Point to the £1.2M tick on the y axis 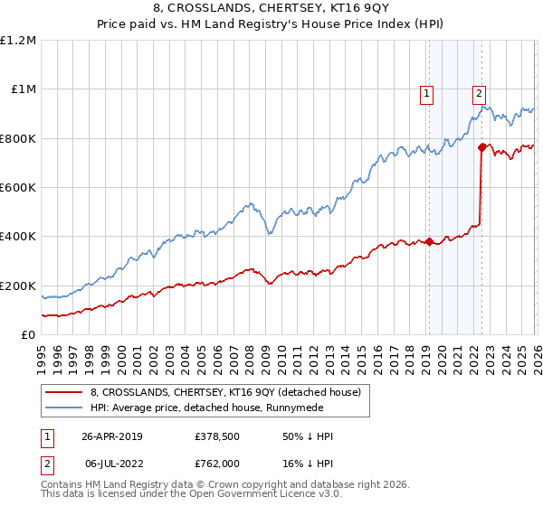point(18,41)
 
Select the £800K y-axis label point(18,139)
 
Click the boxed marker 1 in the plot point(426,91)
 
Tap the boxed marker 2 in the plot point(478,91)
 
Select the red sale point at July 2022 point(481,147)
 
